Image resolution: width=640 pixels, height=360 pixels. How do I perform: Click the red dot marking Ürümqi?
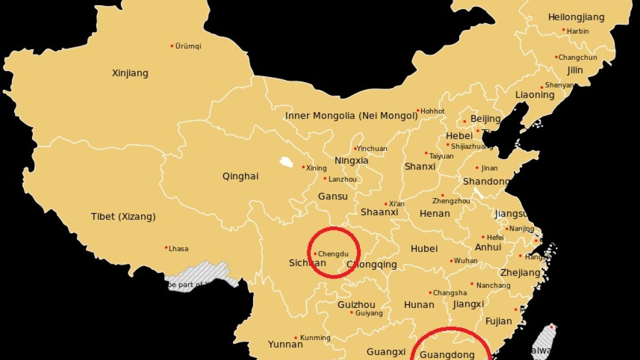(x=172, y=46)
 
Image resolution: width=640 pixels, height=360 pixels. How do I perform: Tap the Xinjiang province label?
(x=130, y=73)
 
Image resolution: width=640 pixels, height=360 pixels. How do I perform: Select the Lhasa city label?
(x=178, y=249)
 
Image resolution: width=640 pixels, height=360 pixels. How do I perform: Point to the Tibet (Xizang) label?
(x=123, y=217)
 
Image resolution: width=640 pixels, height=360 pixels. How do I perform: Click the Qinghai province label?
(x=240, y=176)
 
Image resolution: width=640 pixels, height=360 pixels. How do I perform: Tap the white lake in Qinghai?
(x=286, y=162)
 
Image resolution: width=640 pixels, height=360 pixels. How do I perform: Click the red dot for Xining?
(x=303, y=168)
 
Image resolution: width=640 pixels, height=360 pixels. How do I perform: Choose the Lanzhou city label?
(x=343, y=179)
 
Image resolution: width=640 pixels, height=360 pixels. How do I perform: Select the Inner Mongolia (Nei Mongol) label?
(x=351, y=116)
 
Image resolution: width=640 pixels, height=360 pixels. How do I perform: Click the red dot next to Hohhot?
(x=418, y=111)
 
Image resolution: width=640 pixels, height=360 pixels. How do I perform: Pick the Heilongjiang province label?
(x=576, y=17)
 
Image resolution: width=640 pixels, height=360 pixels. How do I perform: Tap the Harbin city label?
(x=578, y=31)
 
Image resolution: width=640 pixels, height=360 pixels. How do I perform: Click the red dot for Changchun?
(x=556, y=57)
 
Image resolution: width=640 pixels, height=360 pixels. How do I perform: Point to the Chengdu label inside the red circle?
(x=333, y=254)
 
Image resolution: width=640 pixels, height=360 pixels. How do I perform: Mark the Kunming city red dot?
(x=296, y=338)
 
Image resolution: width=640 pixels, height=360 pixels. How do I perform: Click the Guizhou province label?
(x=356, y=305)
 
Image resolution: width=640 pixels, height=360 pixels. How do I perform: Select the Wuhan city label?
(x=466, y=261)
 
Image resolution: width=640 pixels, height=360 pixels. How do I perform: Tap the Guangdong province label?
(x=447, y=355)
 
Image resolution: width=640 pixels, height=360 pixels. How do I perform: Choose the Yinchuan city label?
(x=372, y=148)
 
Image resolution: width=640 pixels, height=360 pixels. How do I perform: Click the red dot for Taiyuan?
(x=426, y=153)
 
